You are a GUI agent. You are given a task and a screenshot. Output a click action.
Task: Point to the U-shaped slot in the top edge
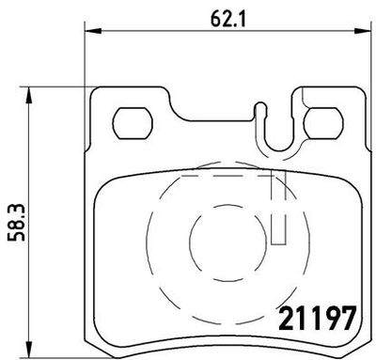(276, 132)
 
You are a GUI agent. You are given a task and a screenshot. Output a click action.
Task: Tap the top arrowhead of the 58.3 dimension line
(34, 91)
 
